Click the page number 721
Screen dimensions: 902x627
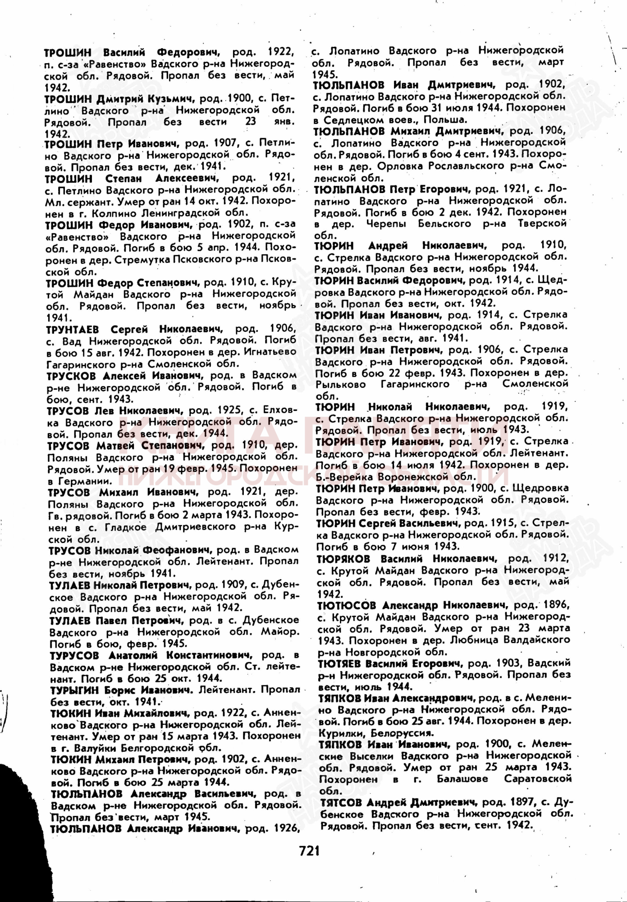(x=309, y=850)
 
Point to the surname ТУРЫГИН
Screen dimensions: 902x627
(x=74, y=690)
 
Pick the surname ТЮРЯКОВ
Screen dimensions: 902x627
(x=343, y=559)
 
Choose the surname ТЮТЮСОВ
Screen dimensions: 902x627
(x=346, y=605)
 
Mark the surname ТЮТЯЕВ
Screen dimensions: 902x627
(x=339, y=663)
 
